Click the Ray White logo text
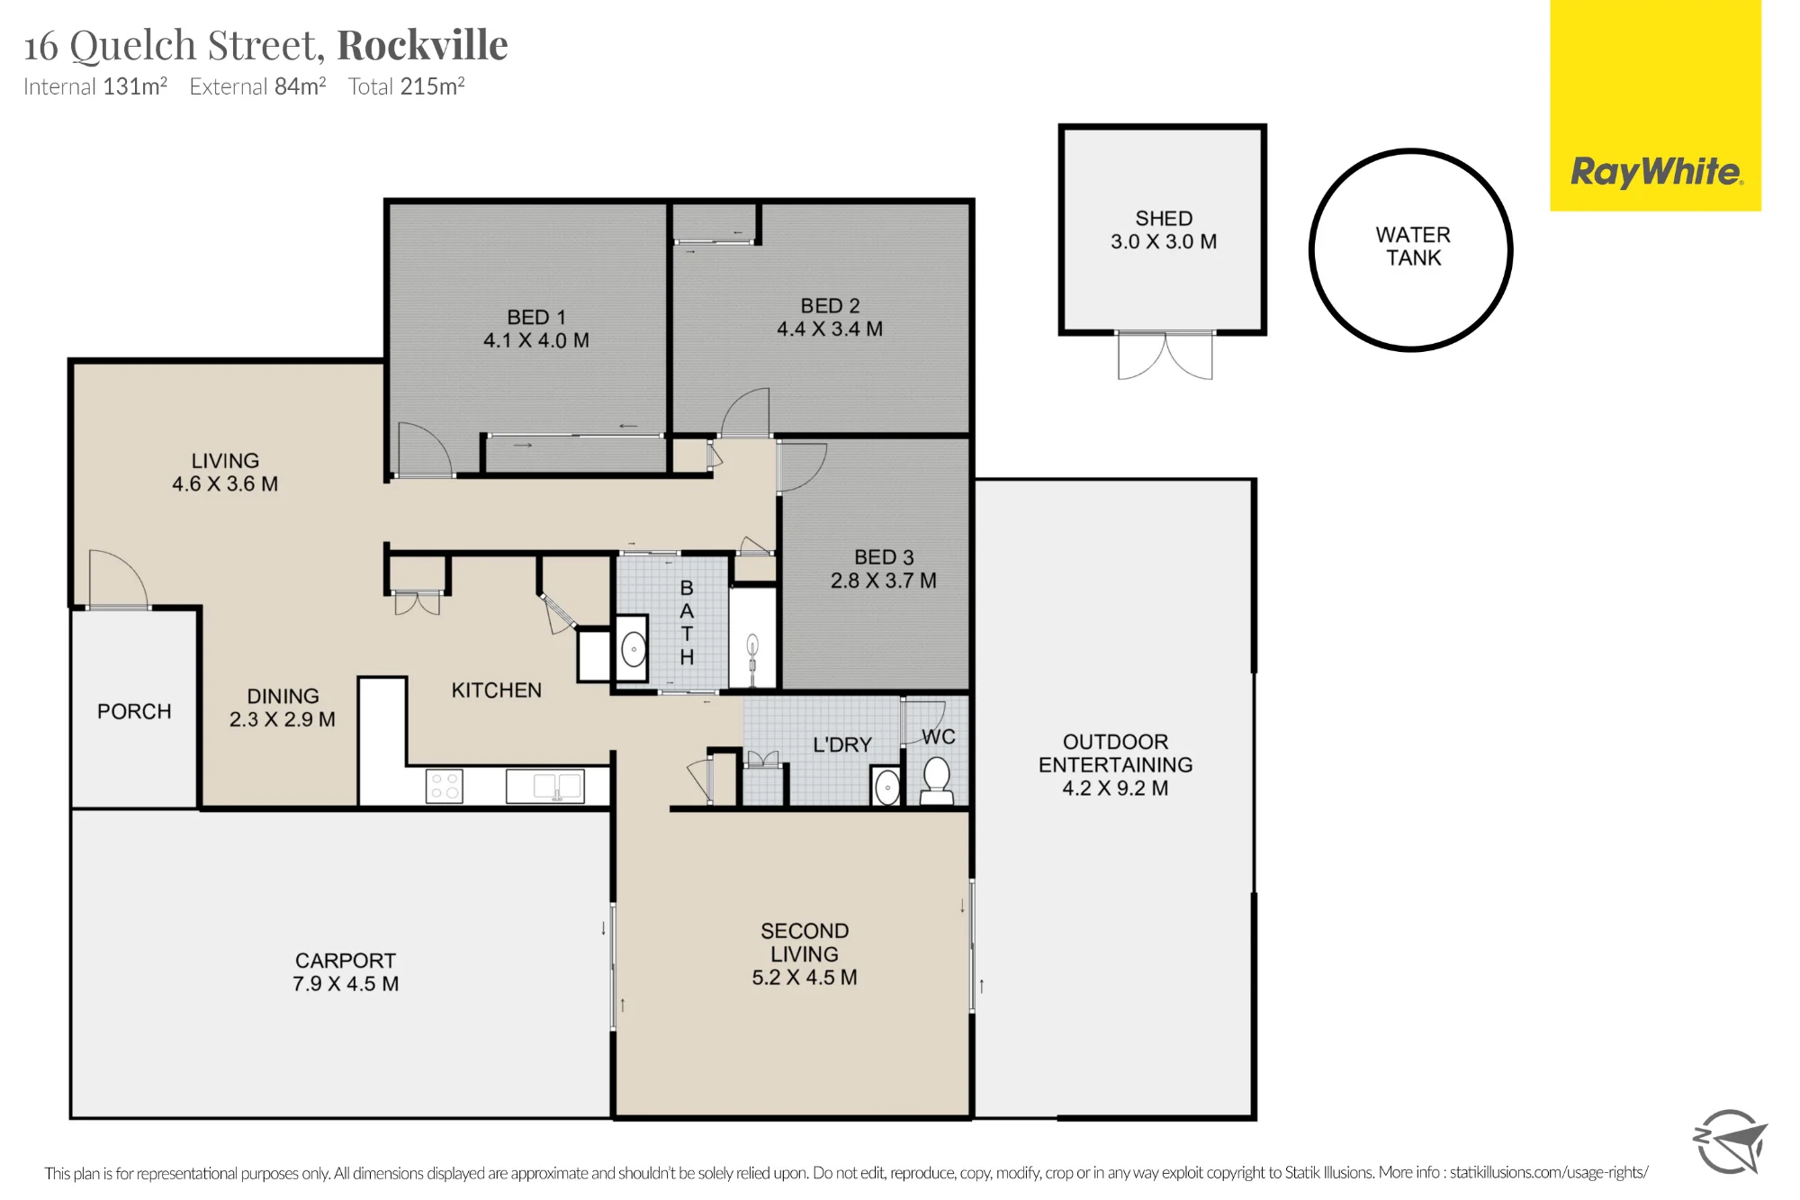(x=1656, y=171)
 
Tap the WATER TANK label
(x=1413, y=247)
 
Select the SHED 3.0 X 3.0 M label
(x=1164, y=230)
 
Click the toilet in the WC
(x=937, y=780)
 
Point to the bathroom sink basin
(x=634, y=648)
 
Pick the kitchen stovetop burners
(x=445, y=786)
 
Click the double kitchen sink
(x=545, y=787)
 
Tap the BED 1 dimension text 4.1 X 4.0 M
(x=536, y=340)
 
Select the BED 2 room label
(x=830, y=306)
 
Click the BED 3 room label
(x=884, y=557)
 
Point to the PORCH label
(x=134, y=711)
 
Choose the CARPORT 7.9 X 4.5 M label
(x=346, y=972)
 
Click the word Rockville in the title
(x=422, y=45)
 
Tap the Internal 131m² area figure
(x=95, y=86)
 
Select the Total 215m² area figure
(x=407, y=86)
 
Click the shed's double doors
(x=1165, y=356)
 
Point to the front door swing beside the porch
(x=118, y=579)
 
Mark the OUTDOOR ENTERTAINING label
(x=1116, y=764)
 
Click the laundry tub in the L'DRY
(x=886, y=787)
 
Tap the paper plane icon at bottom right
(x=1730, y=1141)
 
